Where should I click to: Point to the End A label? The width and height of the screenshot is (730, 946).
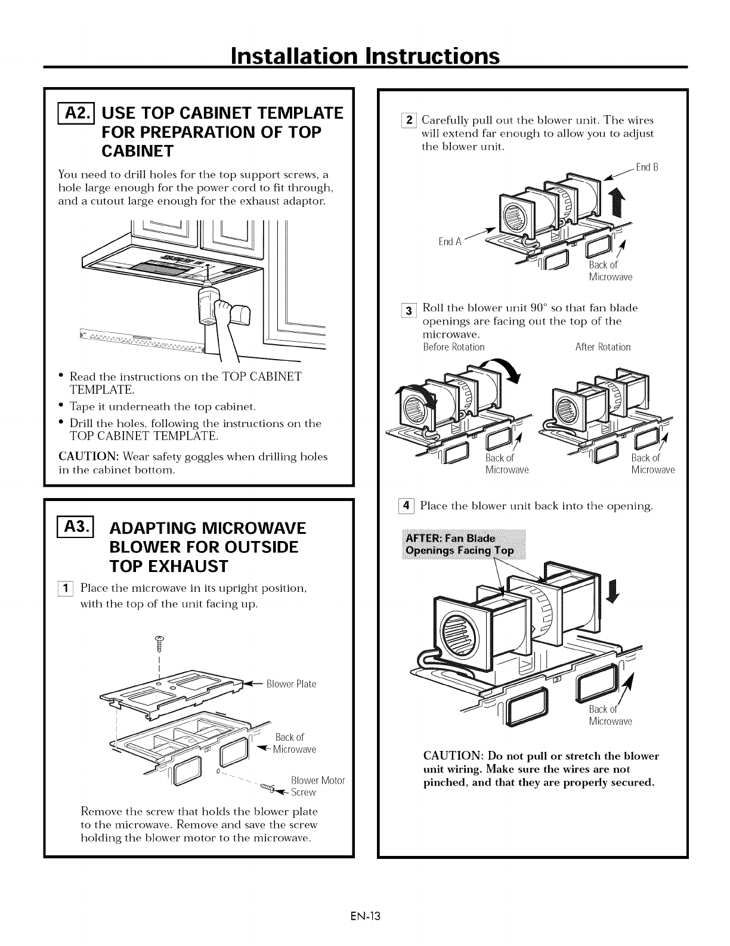click(450, 242)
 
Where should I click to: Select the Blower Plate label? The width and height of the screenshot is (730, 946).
click(291, 684)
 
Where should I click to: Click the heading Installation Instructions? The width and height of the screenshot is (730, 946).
click(364, 56)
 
